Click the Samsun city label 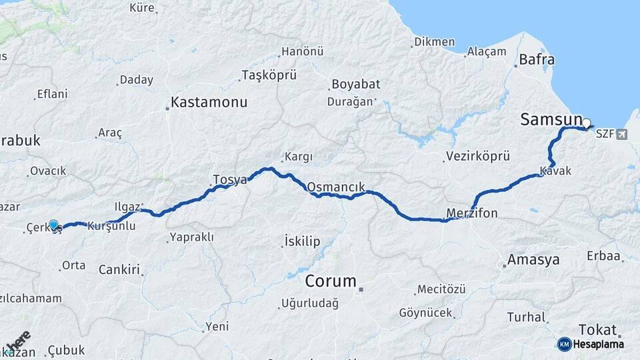[x=551, y=119]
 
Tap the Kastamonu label [x=209, y=103]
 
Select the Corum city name [x=331, y=281]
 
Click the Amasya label [x=533, y=259]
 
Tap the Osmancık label [x=336, y=185]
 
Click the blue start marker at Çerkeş [x=53, y=225]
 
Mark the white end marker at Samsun [x=587, y=123]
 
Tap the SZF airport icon [x=623, y=135]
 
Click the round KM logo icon [x=565, y=344]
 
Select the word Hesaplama [x=599, y=344]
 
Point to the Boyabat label [x=353, y=85]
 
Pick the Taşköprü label [x=269, y=75]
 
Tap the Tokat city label [x=598, y=329]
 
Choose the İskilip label [x=302, y=241]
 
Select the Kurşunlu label [x=111, y=226]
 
